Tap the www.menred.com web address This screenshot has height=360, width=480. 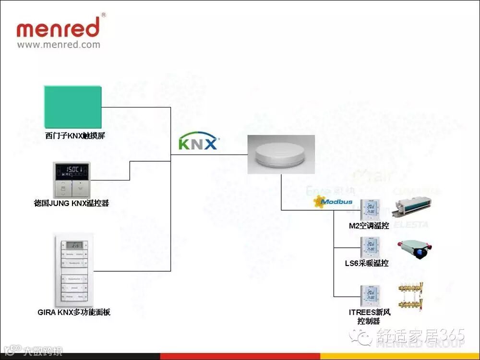point(59,45)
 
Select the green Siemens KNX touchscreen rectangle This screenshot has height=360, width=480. point(73,107)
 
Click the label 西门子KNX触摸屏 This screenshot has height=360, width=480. point(75,136)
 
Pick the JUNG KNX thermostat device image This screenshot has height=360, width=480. point(71,180)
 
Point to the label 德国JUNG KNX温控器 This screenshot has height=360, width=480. point(72,203)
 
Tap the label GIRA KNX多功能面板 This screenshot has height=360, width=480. point(74,312)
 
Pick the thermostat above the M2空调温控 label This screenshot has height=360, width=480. point(370,208)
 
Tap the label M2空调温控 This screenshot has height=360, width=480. point(369,226)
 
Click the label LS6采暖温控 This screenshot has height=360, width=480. point(369,263)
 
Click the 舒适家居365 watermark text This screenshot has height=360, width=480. point(420,335)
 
